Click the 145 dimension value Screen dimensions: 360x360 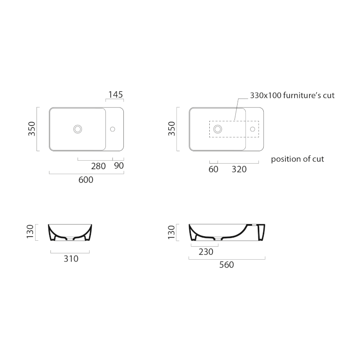(116, 94)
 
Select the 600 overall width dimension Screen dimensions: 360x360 (86, 180)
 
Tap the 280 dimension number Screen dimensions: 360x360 (98, 166)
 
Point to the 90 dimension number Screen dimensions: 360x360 (119, 166)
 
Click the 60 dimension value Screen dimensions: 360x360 (213, 169)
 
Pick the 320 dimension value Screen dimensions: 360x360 (239, 169)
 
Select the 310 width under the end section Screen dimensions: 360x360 (71, 259)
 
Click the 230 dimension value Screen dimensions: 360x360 (206, 252)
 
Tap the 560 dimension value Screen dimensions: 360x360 (227, 265)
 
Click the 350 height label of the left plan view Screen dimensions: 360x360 (31, 129)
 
